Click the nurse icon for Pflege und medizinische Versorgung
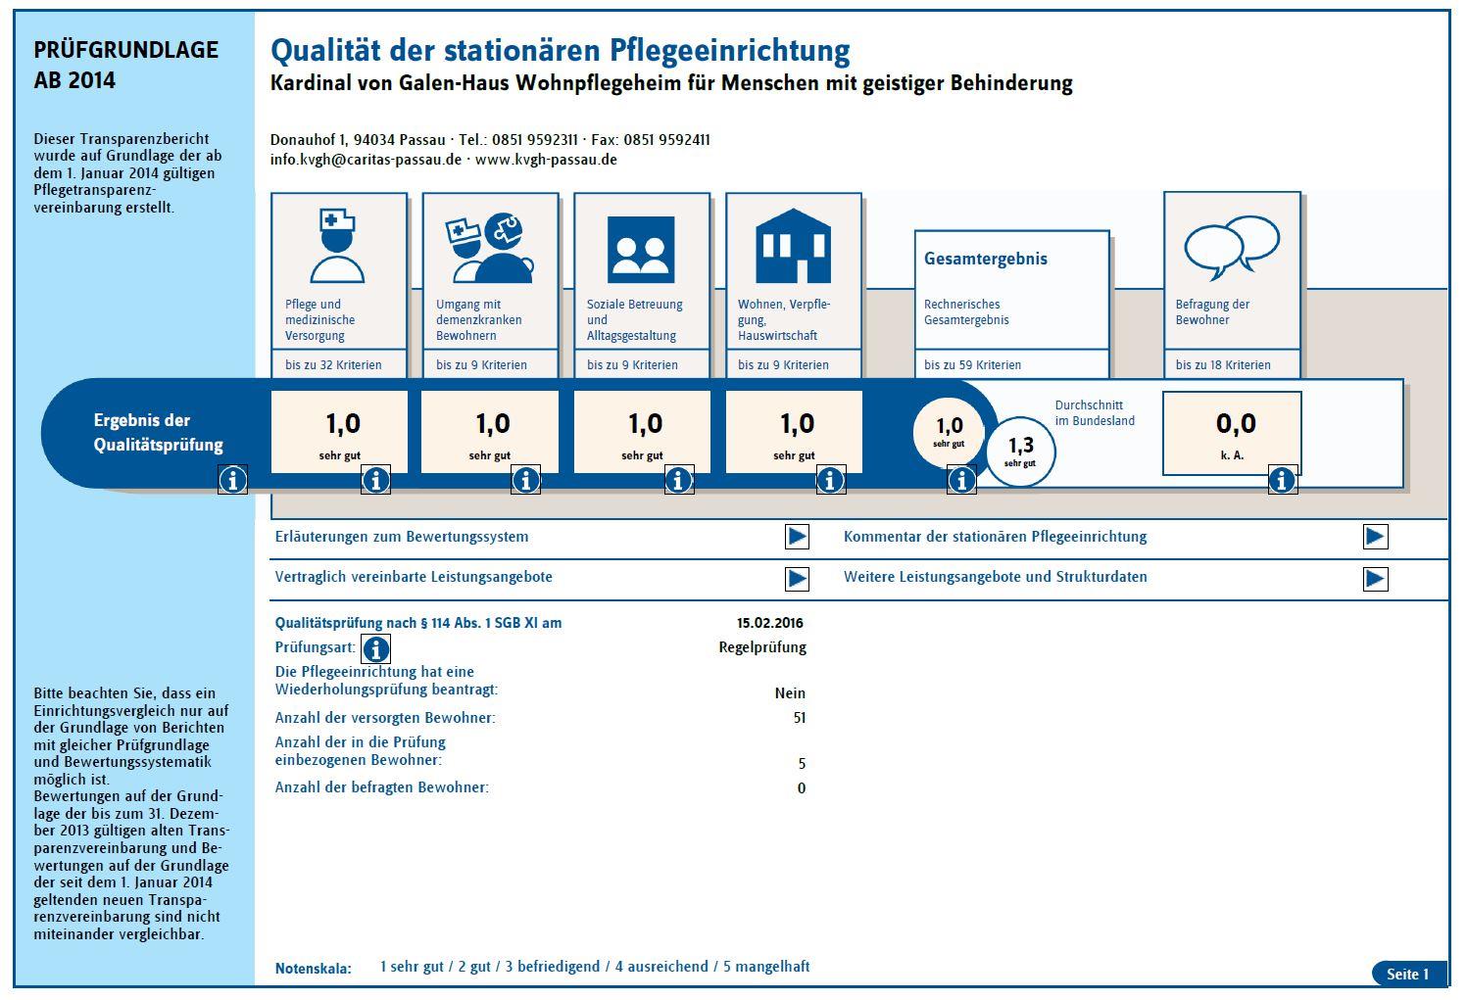click(337, 246)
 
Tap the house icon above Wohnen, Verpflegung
click(793, 246)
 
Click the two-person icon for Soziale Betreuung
click(641, 250)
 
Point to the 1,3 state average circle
click(1021, 452)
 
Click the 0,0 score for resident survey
click(1236, 423)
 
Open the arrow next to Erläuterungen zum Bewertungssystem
click(797, 537)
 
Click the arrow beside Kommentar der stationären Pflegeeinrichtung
click(1375, 537)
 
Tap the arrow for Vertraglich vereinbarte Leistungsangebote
click(797, 579)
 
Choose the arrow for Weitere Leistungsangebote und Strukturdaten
click(1375, 579)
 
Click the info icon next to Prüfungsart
click(376, 649)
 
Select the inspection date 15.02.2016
click(769, 623)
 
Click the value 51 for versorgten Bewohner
click(800, 718)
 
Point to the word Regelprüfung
click(762, 648)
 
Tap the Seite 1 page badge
click(1408, 974)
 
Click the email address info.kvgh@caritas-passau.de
click(366, 160)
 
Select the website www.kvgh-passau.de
click(546, 160)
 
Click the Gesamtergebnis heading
click(986, 260)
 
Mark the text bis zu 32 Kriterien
click(333, 365)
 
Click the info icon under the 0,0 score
click(1283, 480)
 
